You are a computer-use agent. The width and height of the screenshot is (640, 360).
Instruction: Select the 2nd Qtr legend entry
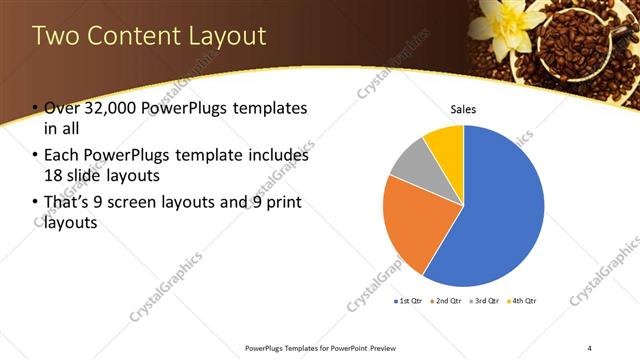click(448, 300)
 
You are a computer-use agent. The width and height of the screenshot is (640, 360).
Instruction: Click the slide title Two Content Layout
click(149, 36)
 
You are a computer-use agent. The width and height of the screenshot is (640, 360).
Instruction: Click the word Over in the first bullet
click(62, 108)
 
